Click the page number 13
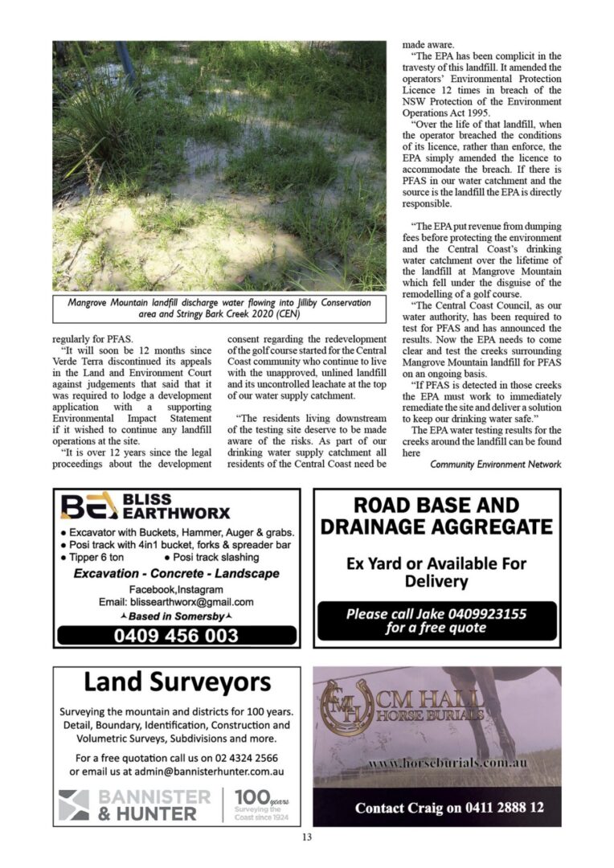pos(306,837)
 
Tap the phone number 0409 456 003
pos(176,635)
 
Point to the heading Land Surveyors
pos(178,682)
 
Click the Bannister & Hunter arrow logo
pos(74,805)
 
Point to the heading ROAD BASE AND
pos(436,506)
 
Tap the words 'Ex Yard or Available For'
pos(436,563)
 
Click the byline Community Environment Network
pos(495,464)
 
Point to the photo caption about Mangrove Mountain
pos(219,308)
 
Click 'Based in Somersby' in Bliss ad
pos(176,616)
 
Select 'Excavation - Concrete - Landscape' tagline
pos(176,574)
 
